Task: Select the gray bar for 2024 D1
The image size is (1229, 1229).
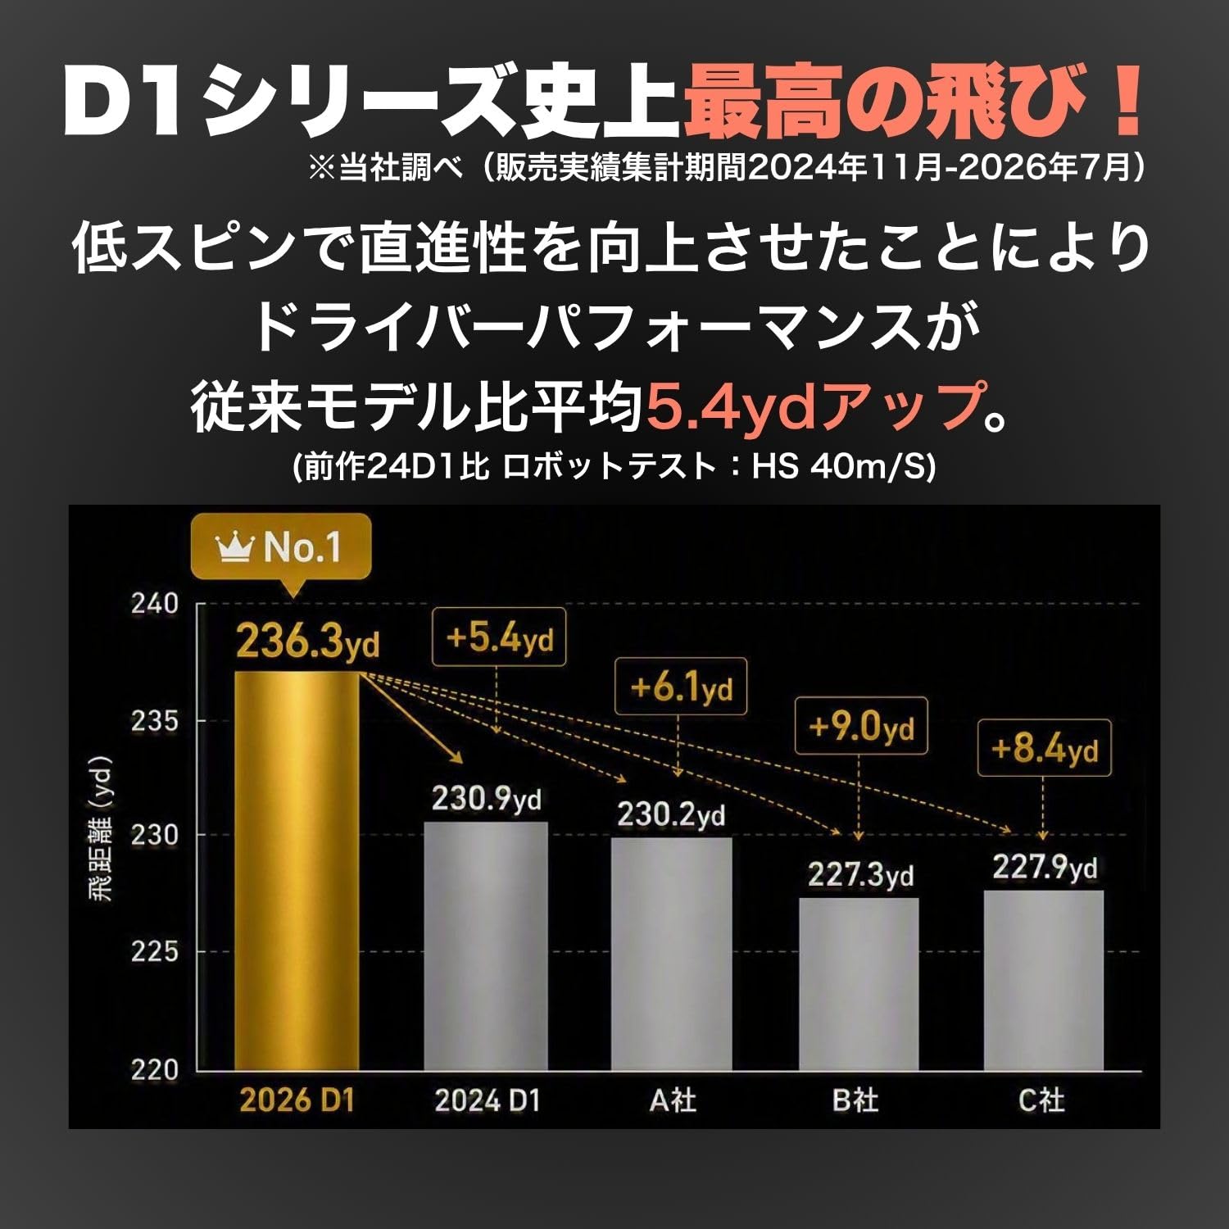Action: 486,946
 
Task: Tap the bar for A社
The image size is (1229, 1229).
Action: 672,954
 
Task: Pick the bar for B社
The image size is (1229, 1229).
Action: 859,984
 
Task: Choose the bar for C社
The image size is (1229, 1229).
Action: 1044,980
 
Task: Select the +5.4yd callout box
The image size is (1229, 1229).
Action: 499,637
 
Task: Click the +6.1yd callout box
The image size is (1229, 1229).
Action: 681,686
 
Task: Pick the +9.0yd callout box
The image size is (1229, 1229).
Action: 861,726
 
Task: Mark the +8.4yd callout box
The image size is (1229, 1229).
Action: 1044,748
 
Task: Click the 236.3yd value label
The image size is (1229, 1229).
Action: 308,641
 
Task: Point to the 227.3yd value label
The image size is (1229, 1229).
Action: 860,875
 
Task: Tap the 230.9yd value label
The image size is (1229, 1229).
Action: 487,799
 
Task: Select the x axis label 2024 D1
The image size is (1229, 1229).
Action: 488,1100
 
